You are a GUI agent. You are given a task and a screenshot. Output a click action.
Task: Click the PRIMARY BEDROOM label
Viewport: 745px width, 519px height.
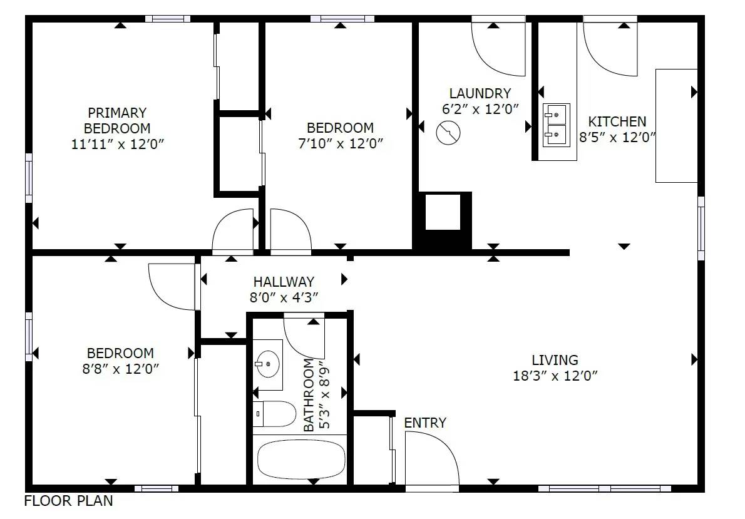pos(117,121)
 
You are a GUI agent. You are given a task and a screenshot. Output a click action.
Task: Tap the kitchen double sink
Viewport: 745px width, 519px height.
pos(557,125)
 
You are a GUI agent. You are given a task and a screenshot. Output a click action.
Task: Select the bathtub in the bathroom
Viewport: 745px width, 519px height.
pos(301,459)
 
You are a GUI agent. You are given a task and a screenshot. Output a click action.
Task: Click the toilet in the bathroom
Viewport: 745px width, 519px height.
pos(274,414)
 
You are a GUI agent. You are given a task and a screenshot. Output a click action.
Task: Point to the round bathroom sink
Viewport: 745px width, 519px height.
pos(267,364)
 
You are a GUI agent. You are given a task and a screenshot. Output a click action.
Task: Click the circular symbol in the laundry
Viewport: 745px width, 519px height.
pos(448,133)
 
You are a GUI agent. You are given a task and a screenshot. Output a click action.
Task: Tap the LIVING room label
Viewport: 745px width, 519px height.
pos(555,360)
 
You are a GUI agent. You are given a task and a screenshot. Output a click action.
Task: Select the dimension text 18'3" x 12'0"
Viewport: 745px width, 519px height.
pos(555,376)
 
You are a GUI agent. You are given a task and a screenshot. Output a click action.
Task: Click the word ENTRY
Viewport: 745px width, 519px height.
pos(425,423)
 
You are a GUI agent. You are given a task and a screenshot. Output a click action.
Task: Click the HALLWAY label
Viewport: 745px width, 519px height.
pos(284,282)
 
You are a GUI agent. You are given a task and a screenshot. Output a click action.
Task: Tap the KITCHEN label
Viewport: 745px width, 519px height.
pos(617,121)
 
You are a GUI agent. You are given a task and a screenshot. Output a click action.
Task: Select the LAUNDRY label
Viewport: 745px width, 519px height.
pos(480,93)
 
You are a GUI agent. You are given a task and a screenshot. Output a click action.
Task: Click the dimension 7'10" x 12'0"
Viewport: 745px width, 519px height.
pos(340,143)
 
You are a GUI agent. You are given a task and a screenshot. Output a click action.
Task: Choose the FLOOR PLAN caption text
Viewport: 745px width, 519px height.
pos(68,501)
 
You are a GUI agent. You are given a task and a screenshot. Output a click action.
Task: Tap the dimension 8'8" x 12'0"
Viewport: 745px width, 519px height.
pos(120,369)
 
